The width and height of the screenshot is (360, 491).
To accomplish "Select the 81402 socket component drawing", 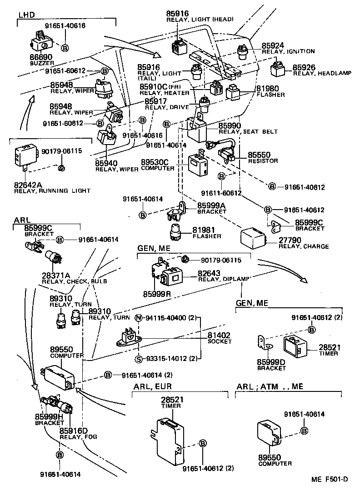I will (x=130, y=338).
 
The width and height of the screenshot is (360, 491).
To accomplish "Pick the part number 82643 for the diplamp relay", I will (x=209, y=273).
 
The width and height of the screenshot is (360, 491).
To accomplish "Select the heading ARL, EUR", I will (x=152, y=387).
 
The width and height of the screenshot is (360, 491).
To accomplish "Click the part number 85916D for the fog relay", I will (x=73, y=431).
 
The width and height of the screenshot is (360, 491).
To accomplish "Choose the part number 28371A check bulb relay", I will (x=56, y=276).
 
